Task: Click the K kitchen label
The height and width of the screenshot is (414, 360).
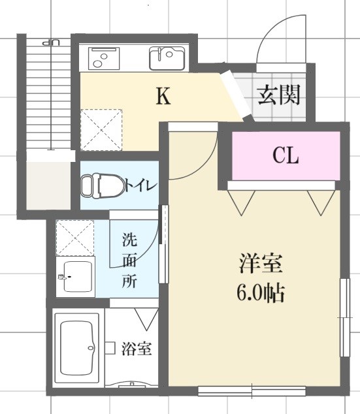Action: pyautogui.click(x=163, y=97)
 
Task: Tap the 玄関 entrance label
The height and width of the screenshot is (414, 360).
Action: pyautogui.click(x=279, y=95)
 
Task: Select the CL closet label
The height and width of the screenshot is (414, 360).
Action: pyautogui.click(x=286, y=156)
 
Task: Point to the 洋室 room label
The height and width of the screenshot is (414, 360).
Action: pyautogui.click(x=260, y=265)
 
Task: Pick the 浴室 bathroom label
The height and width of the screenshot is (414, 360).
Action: pyautogui.click(x=137, y=349)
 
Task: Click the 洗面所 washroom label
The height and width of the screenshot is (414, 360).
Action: pyautogui.click(x=131, y=261)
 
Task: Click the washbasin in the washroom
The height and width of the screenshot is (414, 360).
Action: pyautogui.click(x=76, y=278)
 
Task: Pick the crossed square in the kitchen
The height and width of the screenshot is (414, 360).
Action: pyautogui.click(x=100, y=129)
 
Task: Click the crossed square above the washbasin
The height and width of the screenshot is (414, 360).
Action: pyautogui.click(x=75, y=236)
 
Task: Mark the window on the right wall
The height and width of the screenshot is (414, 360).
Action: pyautogui.click(x=344, y=317)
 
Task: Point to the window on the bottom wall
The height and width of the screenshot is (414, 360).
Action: pyautogui.click(x=252, y=391)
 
